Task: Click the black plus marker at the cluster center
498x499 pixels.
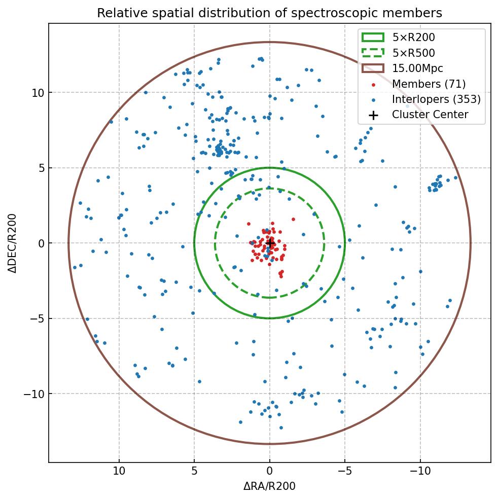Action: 270,243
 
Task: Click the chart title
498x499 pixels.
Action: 269,13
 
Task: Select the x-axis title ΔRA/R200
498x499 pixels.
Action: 269,486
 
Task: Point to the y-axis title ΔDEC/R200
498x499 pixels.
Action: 13,243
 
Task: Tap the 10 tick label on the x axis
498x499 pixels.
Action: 119,471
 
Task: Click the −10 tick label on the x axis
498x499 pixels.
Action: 420,471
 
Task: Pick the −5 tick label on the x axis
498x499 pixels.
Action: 345,471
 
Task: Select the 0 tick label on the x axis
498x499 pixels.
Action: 270,471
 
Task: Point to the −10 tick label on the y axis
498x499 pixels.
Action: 34,394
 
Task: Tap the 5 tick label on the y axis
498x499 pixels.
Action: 40,168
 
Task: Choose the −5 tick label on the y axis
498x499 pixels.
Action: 37,319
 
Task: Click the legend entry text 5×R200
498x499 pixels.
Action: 413,38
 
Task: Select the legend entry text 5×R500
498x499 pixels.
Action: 413,53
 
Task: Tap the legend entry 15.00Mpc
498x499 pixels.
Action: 417,68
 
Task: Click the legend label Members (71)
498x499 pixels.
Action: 429,84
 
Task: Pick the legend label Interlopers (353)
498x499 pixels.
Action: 436,99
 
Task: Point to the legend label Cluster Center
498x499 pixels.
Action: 430,115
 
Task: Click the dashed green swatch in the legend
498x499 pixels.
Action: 373,53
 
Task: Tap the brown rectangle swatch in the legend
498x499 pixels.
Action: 373,68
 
